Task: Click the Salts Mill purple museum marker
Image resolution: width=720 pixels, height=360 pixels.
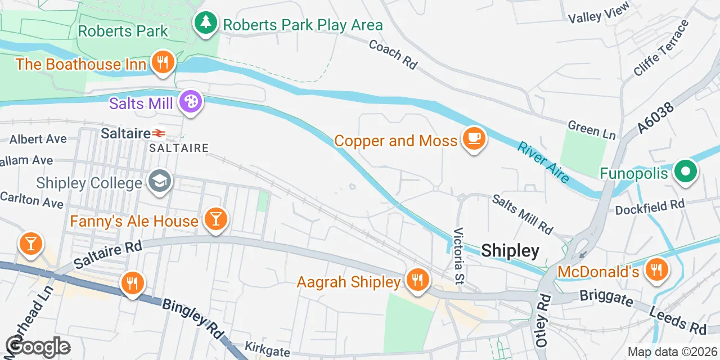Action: click(191, 102)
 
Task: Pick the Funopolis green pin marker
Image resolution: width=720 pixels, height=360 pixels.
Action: click(686, 172)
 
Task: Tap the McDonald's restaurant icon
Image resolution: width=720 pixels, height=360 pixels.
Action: click(656, 269)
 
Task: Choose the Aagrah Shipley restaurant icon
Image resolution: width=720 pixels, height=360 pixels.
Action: click(417, 279)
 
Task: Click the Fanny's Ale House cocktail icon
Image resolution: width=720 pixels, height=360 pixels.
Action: click(215, 219)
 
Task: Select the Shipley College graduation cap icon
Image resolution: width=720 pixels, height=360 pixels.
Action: click(160, 181)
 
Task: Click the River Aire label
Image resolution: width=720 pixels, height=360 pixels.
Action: click(543, 162)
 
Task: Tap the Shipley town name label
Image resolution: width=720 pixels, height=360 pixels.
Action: click(510, 251)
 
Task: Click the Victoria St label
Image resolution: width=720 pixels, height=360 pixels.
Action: click(460, 256)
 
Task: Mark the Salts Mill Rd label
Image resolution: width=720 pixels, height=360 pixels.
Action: click(523, 214)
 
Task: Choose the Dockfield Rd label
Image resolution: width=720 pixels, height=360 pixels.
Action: click(649, 207)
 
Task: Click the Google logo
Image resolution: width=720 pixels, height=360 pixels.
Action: click(38, 346)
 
